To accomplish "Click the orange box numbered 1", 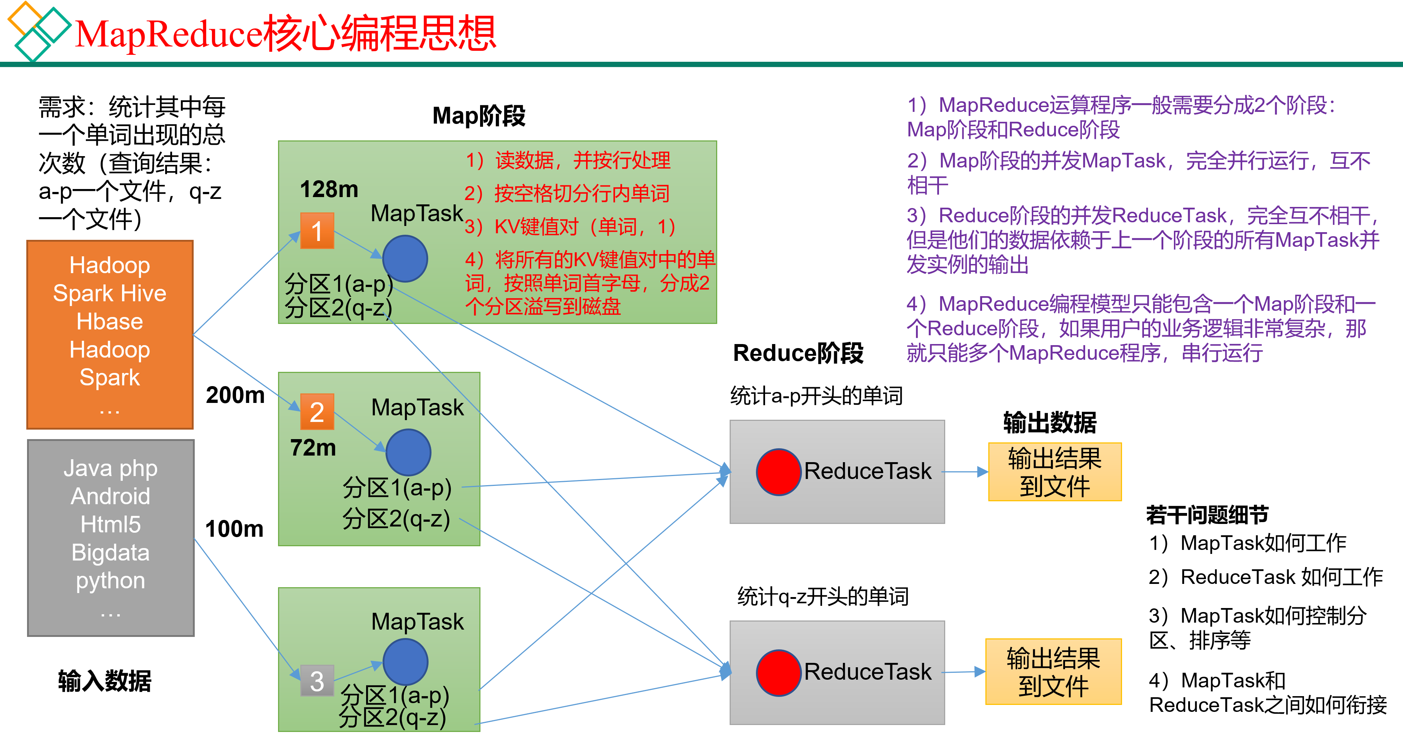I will pyautogui.click(x=317, y=231).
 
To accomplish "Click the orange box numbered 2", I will pyautogui.click(x=317, y=412).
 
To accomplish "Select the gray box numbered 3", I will pyautogui.click(x=317, y=680).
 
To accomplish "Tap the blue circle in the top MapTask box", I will pyautogui.click(x=405, y=258).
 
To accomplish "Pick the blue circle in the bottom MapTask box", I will pyautogui.click(x=405, y=662).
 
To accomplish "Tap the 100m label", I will pyautogui.click(x=234, y=529).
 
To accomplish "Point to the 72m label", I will pyautogui.click(x=313, y=448).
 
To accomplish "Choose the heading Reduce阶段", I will pyautogui.click(x=798, y=353).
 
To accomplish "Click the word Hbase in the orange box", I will pyautogui.click(x=110, y=322).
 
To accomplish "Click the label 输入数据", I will pyautogui.click(x=104, y=681).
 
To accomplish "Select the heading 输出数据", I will pyautogui.click(x=1050, y=423).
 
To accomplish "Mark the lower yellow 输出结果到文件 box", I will pyautogui.click(x=1053, y=672).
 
